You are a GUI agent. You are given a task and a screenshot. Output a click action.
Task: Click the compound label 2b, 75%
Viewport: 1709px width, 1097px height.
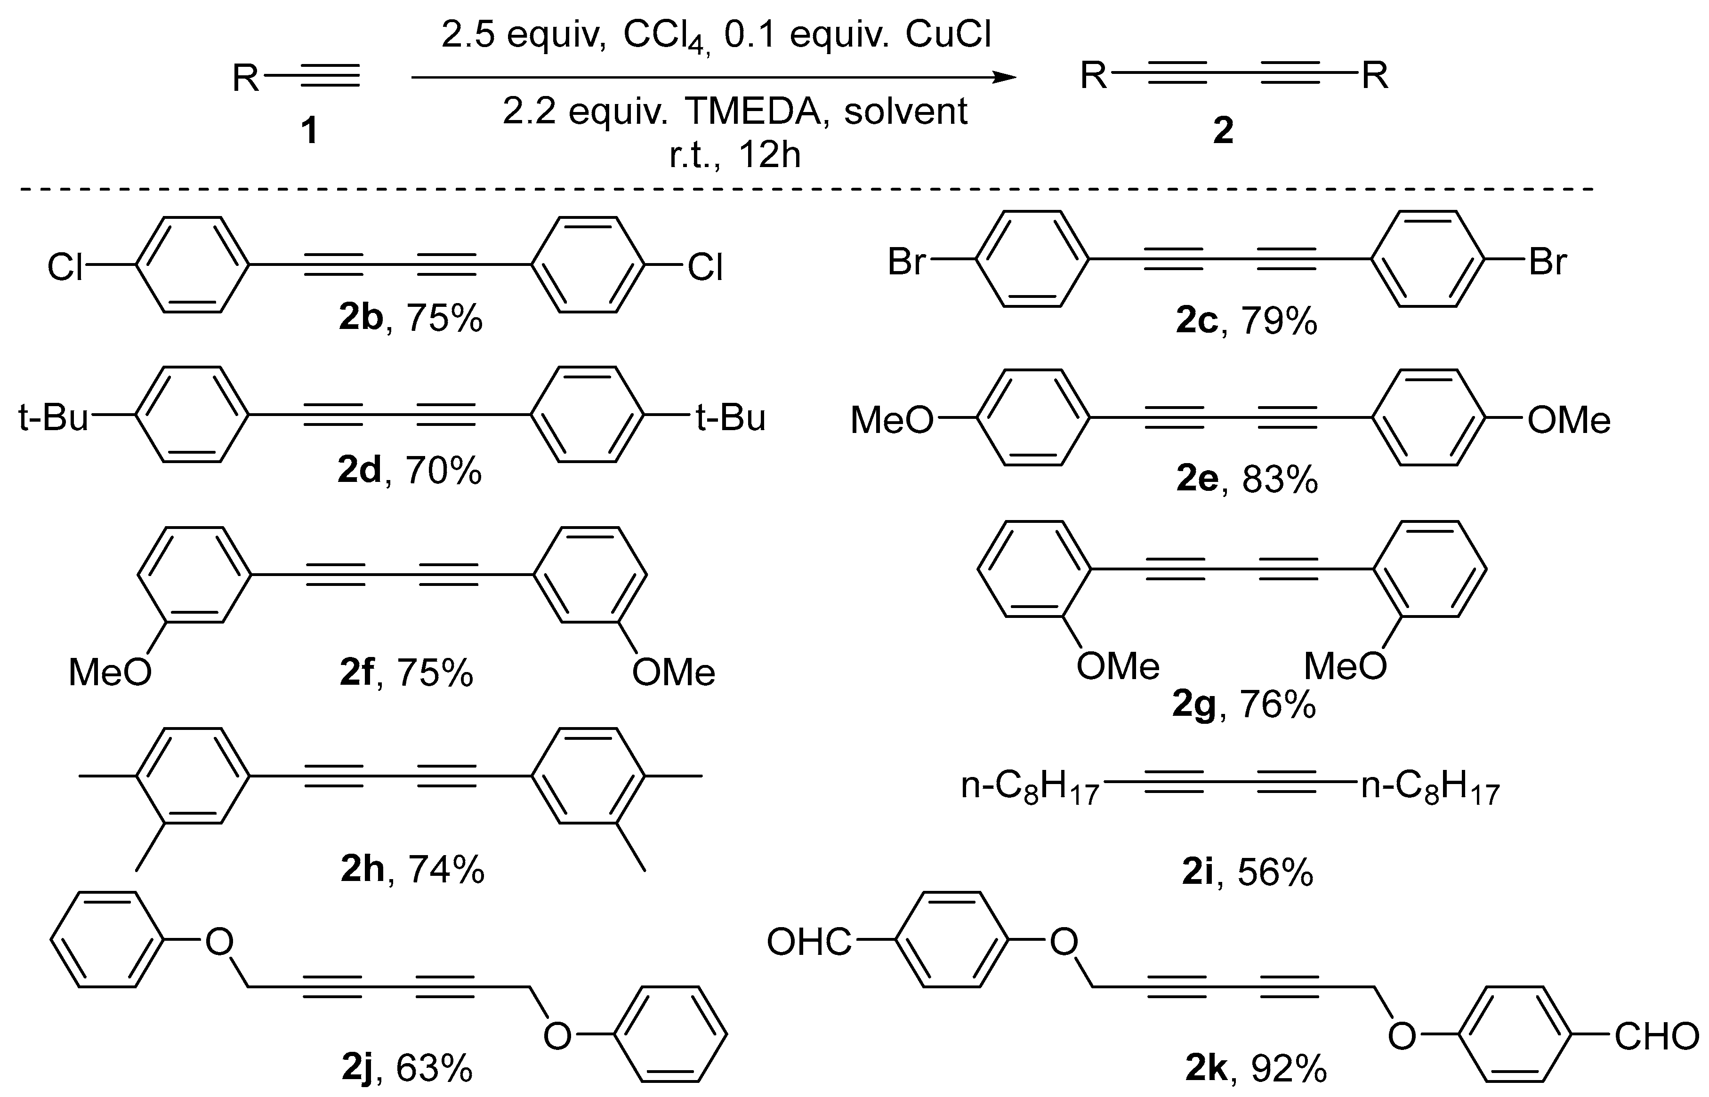[411, 318]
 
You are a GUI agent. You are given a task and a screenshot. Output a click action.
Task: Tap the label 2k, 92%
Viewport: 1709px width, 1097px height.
[1256, 1068]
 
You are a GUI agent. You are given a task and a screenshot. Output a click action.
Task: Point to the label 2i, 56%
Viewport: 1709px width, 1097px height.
[1247, 872]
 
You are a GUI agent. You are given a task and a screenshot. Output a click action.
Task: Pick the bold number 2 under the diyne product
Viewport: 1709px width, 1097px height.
[1223, 131]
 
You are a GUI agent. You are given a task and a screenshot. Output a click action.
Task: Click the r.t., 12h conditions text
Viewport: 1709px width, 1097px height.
[735, 154]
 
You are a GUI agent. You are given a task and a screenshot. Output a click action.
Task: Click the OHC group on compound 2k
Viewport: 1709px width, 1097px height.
[809, 943]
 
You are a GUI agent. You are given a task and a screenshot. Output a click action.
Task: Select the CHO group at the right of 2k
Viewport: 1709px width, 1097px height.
[1656, 1037]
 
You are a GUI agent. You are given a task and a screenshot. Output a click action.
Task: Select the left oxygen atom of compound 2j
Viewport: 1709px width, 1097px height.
[219, 943]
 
